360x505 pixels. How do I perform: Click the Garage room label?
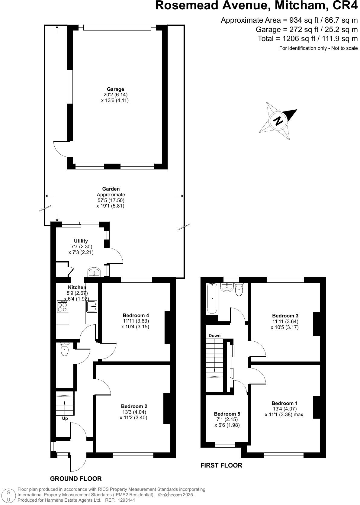click(115, 89)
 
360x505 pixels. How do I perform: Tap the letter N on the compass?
click(278, 121)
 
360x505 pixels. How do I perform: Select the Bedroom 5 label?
click(227, 414)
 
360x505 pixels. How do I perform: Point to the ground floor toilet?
click(65, 350)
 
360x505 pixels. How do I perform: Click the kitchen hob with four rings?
click(63, 307)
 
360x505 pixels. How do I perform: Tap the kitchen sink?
click(92, 307)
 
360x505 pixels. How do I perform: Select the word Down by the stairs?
click(214, 336)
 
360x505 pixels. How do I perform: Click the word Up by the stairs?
click(65, 419)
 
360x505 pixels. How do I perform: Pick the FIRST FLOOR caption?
click(221, 465)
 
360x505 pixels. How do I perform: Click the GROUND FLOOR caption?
click(76, 479)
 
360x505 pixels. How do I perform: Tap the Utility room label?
click(81, 241)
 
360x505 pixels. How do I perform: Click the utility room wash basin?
click(95, 272)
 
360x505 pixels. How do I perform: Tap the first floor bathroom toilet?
click(239, 290)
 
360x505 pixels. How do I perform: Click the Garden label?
click(111, 189)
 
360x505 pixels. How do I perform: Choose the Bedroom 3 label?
click(285, 316)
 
